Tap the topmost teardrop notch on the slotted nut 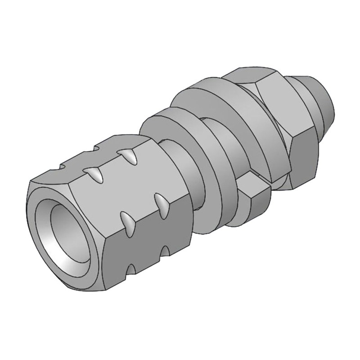(128, 156)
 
